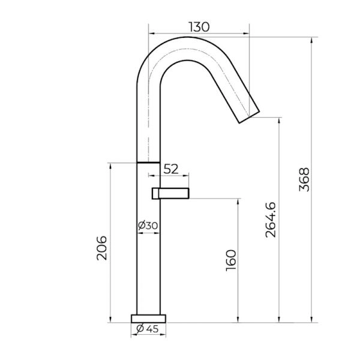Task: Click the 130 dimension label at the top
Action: [199, 27]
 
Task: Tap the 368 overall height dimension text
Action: [304, 179]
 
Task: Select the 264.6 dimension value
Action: [271, 220]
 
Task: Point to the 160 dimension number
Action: [231, 260]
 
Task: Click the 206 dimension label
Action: [102, 248]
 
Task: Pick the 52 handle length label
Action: [171, 169]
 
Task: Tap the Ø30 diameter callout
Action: [148, 226]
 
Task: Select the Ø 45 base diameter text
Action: [148, 329]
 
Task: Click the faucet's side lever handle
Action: [170, 193]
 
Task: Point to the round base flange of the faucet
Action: [148, 319]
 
